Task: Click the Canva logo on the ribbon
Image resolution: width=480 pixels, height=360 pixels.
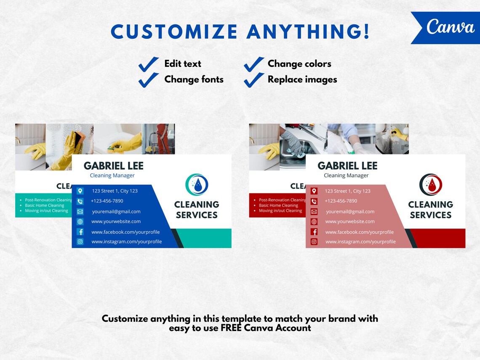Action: click(x=450, y=27)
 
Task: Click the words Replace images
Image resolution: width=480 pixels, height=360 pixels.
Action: click(x=302, y=80)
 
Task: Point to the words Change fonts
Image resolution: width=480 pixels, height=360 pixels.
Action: click(x=194, y=80)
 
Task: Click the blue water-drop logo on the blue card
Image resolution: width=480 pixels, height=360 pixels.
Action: click(x=197, y=185)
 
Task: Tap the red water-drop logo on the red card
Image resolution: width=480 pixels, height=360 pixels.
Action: click(x=430, y=185)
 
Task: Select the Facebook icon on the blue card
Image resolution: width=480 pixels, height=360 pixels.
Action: click(x=80, y=232)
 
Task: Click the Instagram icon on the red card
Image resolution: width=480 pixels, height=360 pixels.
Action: click(x=314, y=242)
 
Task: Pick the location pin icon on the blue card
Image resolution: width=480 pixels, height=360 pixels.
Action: click(x=80, y=191)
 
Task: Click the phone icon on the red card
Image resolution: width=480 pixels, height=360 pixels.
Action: click(x=314, y=201)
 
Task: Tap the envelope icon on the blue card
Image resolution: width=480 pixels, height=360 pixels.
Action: click(x=80, y=212)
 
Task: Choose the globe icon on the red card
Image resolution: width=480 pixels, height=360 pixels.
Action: click(x=314, y=221)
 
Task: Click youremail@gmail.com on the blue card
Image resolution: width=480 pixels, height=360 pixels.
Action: click(x=116, y=212)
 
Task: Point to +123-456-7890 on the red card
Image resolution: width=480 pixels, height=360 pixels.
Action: click(x=341, y=201)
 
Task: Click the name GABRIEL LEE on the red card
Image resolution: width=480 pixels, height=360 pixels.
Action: click(x=347, y=166)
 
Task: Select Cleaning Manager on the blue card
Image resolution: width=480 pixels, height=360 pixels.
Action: click(x=112, y=176)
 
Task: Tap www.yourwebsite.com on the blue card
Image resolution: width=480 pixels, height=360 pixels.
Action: click(x=116, y=221)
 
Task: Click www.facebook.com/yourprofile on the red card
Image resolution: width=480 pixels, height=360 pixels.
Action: click(x=360, y=232)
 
